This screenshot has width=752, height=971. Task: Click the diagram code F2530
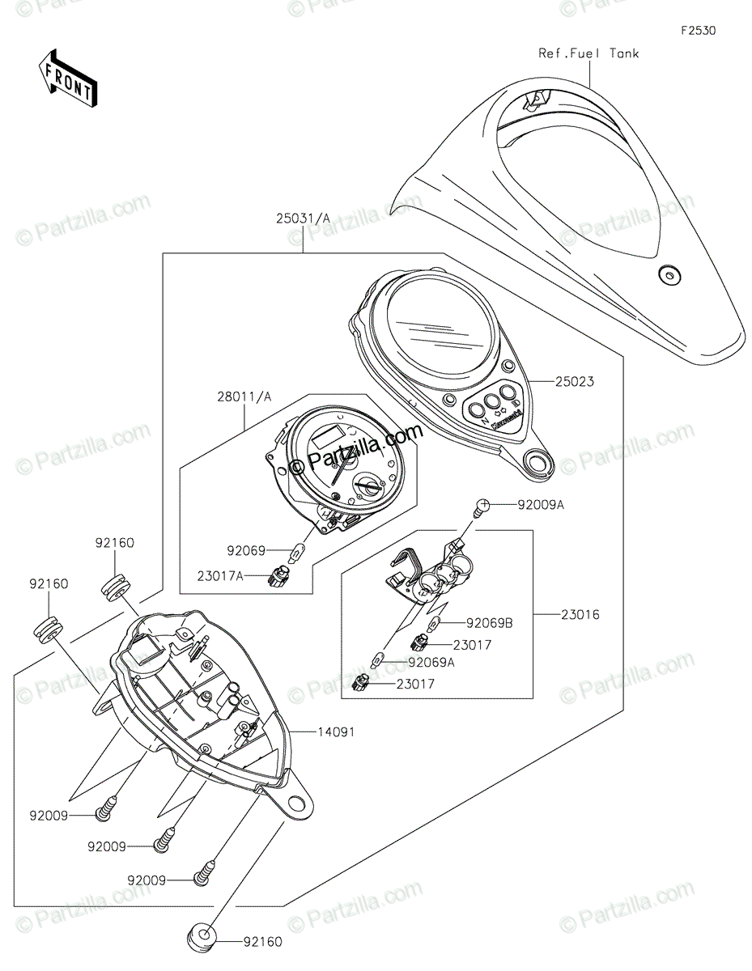pos(698,31)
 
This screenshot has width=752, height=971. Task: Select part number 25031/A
pos(303,218)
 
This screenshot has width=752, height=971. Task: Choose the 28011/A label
pos(244,396)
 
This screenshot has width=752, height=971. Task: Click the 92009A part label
pos(542,505)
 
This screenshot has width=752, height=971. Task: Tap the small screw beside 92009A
pos(482,507)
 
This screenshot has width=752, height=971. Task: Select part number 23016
pos(580,614)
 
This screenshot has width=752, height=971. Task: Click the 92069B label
pos(490,623)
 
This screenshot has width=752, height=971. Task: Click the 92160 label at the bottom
pos(261,942)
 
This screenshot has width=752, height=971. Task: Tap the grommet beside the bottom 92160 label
pos(203,941)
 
